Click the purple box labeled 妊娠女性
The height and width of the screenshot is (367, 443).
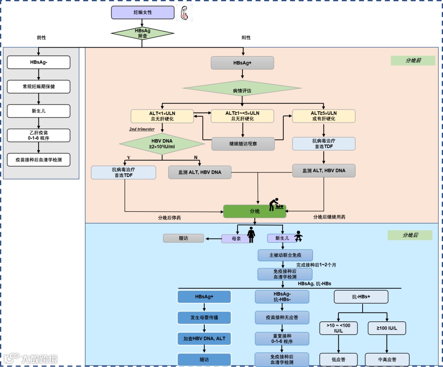pyautogui.click(x=143, y=12)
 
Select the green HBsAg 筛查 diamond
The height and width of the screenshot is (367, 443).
pyautogui.click(x=142, y=33)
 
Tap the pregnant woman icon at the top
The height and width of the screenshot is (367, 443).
pyautogui.click(x=184, y=13)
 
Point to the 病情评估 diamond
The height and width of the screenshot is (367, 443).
pyautogui.click(x=242, y=91)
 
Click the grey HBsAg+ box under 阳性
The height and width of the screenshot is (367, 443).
pyautogui.click(x=242, y=63)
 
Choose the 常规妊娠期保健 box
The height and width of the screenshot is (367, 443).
pyautogui.click(x=39, y=87)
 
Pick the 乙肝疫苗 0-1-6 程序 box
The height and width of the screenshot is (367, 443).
pyautogui.click(x=39, y=135)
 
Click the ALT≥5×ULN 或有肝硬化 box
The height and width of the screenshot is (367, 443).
pyautogui.click(x=323, y=116)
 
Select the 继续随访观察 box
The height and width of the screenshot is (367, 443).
pyautogui.click(x=243, y=144)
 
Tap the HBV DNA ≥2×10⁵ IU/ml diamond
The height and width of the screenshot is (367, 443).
pyautogui.click(x=162, y=144)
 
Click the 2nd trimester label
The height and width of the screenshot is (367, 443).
pyautogui.click(x=142, y=129)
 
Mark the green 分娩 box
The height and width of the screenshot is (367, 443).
pyautogui.click(x=254, y=211)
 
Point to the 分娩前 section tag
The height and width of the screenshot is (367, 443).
pyautogui.click(x=413, y=60)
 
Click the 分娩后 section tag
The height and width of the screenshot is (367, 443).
pyautogui.click(x=410, y=235)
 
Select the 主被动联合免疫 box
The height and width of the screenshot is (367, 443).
pyautogui.click(x=285, y=255)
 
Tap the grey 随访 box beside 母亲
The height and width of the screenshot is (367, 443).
pyautogui.click(x=183, y=238)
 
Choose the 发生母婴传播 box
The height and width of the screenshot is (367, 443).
pyautogui.click(x=204, y=317)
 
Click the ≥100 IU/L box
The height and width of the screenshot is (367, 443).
pyautogui.click(x=386, y=328)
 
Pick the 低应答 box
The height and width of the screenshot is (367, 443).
pyautogui.click(x=338, y=359)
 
